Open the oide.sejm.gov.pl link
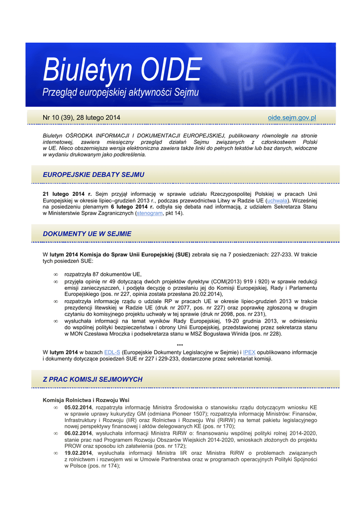tap(292, 117)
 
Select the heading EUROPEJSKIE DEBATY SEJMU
tap(93, 174)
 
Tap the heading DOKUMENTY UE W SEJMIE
tap(87, 233)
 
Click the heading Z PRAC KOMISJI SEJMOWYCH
tap(92, 379)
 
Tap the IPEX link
tap(249, 352)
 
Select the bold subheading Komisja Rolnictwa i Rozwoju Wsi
tap(86, 400)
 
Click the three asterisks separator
tap(180, 345)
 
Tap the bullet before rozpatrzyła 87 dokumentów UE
tap(56, 274)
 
